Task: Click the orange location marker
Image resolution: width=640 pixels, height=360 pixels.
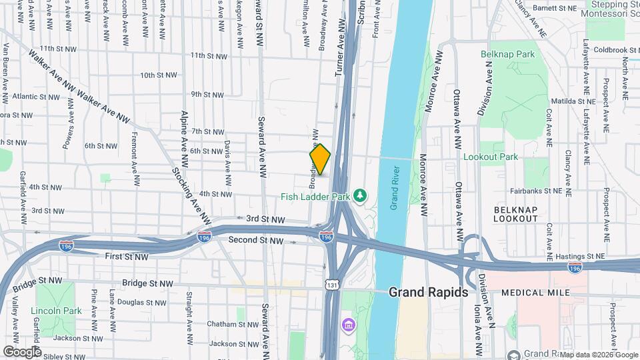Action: coord(321,159)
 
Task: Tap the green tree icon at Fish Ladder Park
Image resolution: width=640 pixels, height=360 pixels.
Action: coord(361,195)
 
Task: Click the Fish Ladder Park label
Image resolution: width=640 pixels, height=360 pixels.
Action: coord(316,196)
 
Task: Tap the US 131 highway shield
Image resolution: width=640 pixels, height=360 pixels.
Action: coord(332,285)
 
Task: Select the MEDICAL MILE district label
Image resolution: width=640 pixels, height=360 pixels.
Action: coord(535,293)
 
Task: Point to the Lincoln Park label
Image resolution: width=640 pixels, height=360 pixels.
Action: coord(47,311)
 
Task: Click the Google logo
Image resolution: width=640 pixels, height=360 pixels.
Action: coord(22,351)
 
